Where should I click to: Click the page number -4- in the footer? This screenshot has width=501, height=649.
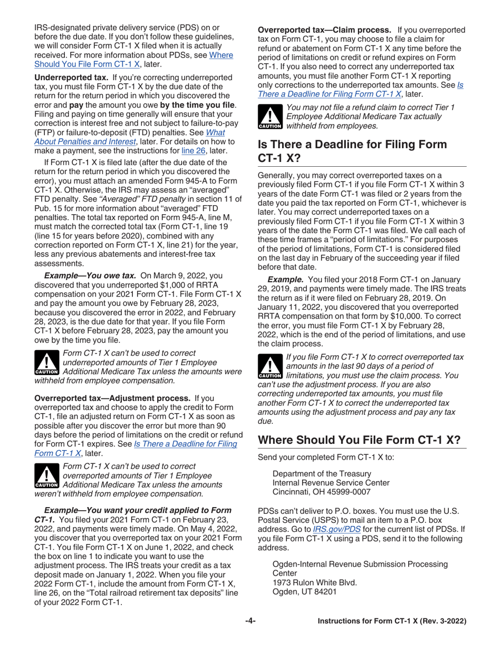click(250, 621)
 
